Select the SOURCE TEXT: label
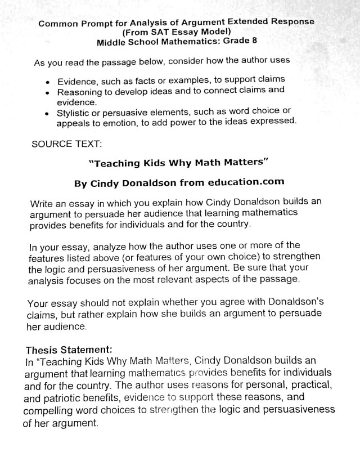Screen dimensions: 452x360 [x=67, y=144]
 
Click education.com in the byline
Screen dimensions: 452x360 [x=244, y=182]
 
